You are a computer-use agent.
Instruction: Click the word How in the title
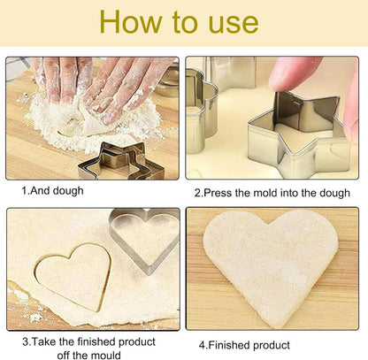(131, 21)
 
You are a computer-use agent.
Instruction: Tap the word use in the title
(234, 24)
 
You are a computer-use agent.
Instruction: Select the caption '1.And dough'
(52, 191)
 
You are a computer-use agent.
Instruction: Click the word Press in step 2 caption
(218, 193)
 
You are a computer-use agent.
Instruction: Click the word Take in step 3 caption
(43, 341)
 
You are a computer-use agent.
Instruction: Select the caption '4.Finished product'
(244, 345)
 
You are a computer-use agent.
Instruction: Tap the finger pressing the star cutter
(294, 73)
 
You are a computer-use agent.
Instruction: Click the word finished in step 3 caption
(96, 341)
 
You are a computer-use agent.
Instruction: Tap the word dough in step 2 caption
(335, 194)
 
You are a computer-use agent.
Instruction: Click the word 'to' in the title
(185, 22)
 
